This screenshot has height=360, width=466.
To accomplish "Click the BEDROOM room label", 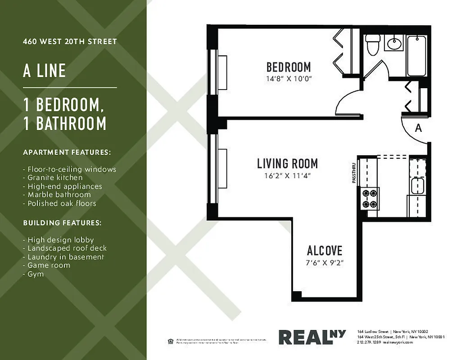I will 289,67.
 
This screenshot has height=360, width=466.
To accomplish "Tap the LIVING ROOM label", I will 287,163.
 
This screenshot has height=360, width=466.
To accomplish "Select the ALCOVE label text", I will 324,251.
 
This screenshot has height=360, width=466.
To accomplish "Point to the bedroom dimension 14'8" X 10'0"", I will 289,79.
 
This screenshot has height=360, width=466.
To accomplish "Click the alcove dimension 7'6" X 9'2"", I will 325,263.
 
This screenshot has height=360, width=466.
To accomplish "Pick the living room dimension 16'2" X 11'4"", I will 287,175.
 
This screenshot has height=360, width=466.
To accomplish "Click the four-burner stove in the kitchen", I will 369,198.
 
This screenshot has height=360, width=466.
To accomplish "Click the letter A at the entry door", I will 418,128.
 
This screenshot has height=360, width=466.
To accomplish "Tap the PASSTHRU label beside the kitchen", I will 353,173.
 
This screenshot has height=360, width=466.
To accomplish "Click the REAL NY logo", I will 312,337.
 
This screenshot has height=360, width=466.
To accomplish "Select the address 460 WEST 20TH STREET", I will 70,41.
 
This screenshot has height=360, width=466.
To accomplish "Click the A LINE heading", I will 45,71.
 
